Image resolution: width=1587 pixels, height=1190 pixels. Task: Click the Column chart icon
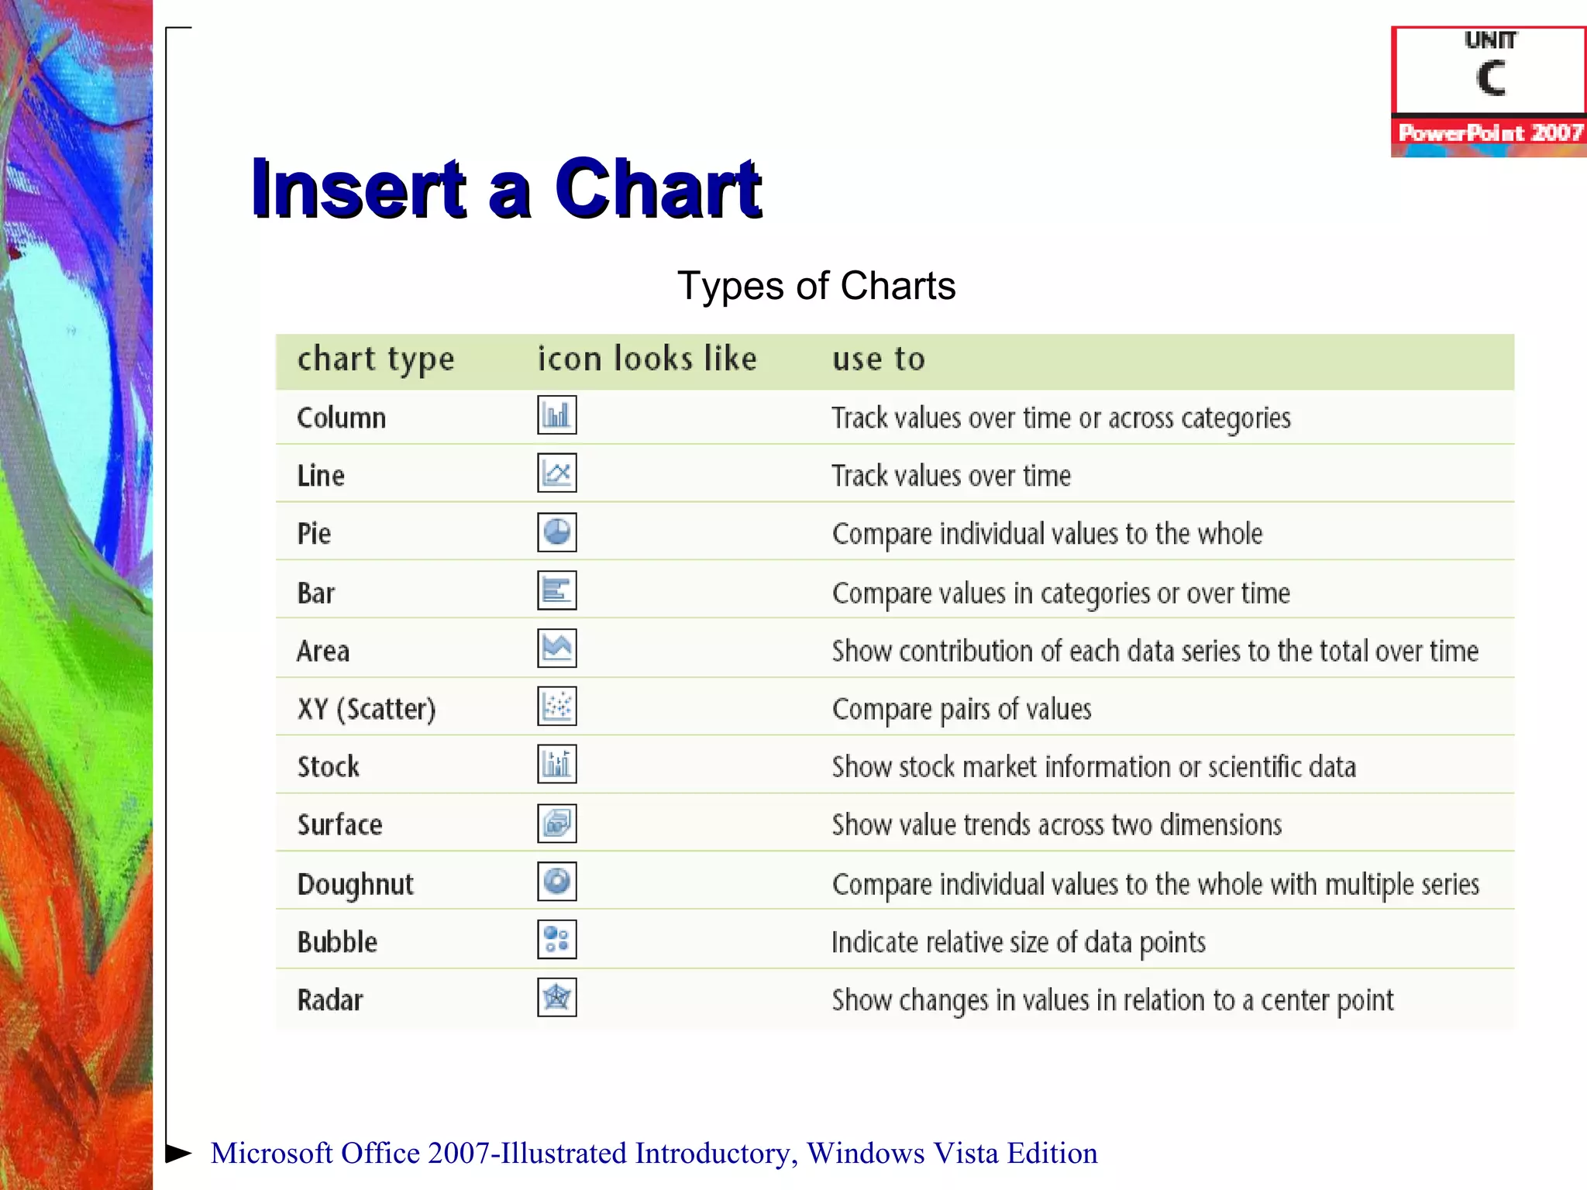click(556, 415)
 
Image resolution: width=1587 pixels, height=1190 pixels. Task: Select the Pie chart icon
click(556, 532)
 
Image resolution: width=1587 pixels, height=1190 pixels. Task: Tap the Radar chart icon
click(556, 998)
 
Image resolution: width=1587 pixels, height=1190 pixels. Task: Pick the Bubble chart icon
click(556, 940)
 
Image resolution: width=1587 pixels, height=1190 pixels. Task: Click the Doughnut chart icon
click(556, 882)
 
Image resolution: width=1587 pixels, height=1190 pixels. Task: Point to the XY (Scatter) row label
click(367, 709)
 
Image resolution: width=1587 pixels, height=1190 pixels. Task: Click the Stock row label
click(329, 767)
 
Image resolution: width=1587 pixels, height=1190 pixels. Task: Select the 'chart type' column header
click(376, 359)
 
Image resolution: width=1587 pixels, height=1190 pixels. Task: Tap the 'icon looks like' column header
click(647, 359)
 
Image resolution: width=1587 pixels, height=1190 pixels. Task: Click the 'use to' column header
click(879, 359)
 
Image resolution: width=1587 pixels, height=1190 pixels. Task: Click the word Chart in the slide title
click(658, 189)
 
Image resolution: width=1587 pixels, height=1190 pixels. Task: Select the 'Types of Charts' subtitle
click(816, 286)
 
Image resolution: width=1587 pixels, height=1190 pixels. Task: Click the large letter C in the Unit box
click(1490, 78)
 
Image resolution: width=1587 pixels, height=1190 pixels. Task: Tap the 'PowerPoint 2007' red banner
click(1489, 133)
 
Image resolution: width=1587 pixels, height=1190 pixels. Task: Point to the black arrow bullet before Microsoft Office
click(179, 1153)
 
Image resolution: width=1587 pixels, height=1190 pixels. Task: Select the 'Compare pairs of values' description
click(962, 709)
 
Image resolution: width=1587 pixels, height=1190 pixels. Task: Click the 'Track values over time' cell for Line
click(951, 476)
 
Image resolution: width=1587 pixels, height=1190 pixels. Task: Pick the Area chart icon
click(556, 648)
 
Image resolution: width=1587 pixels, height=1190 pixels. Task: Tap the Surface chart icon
click(556, 824)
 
